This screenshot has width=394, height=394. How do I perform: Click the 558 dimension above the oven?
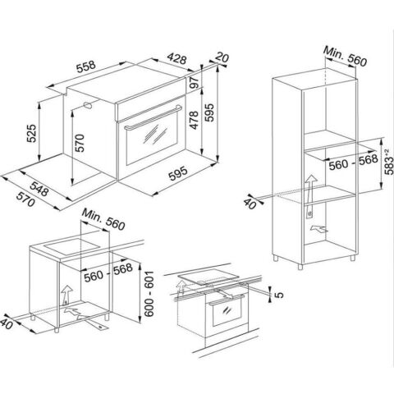coord(86,66)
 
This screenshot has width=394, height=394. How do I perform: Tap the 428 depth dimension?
coord(177,58)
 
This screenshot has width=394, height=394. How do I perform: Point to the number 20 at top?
coord(222,57)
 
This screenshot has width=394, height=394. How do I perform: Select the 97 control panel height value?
coord(194,82)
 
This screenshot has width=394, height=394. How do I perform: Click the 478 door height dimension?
coord(194,120)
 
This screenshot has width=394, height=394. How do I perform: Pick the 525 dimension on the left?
coord(31,133)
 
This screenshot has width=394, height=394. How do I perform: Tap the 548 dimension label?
coord(39,189)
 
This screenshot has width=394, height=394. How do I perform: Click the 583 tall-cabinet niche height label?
coord(389,162)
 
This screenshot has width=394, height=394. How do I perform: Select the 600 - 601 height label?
coord(149,294)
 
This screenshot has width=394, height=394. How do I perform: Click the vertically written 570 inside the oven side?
coord(80,143)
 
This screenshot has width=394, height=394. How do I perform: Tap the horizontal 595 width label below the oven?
coord(178,173)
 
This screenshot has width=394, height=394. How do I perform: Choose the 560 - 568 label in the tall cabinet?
coord(353,162)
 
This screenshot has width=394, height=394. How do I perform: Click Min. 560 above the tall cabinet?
coord(345,56)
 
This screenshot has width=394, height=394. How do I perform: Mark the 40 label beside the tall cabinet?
coord(250,204)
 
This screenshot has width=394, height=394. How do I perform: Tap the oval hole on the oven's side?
coord(88,105)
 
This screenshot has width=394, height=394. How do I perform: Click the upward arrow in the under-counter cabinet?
coord(66,295)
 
